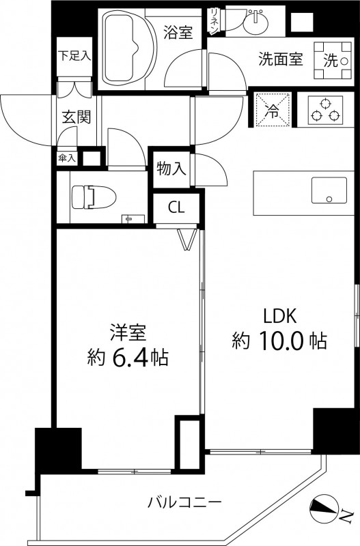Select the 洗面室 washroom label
pyautogui.click(x=280, y=59)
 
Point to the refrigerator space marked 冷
pyautogui.click(x=272, y=109)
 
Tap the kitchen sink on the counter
pyautogui.click(x=329, y=190)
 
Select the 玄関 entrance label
pyautogui.click(x=76, y=117)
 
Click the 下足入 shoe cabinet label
pyautogui.click(x=74, y=55)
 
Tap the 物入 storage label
pyautogui.click(x=171, y=169)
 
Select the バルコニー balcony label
pyautogui.click(x=184, y=503)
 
